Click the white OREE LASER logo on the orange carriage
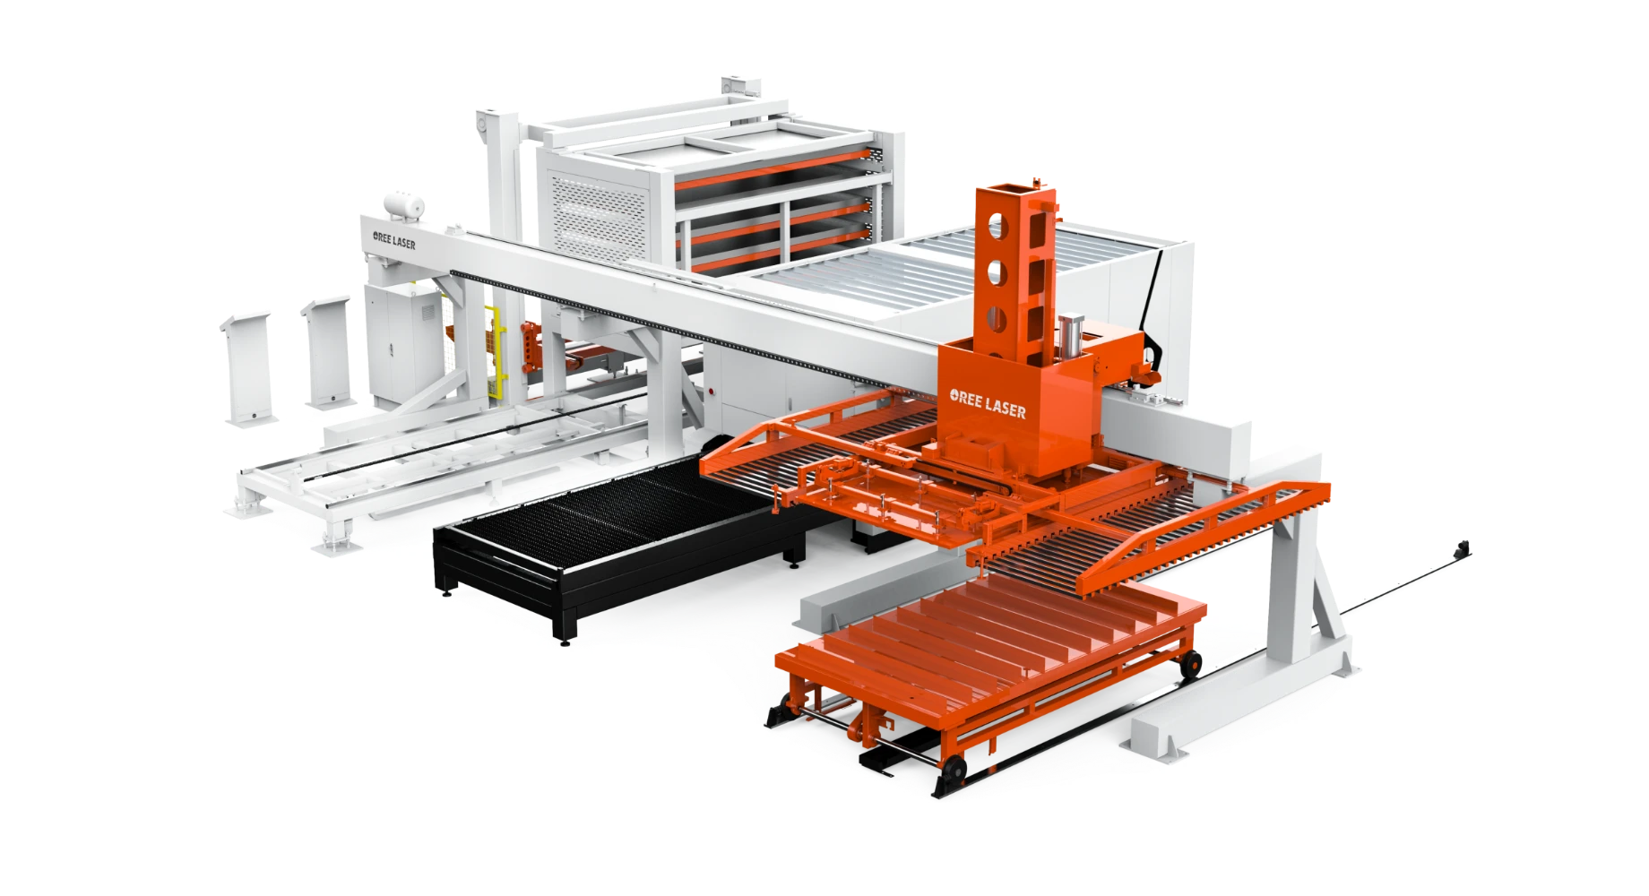point(988,404)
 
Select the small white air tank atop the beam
point(403,205)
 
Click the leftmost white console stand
point(247,367)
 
